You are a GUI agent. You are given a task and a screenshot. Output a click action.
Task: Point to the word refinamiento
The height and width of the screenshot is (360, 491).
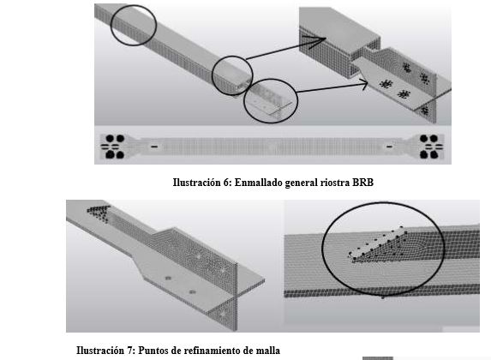[207, 350]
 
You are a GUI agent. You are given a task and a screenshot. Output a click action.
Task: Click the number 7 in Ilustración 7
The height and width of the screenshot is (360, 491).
[131, 350]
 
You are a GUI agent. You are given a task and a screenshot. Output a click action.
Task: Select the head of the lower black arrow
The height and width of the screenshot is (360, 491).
[371, 82]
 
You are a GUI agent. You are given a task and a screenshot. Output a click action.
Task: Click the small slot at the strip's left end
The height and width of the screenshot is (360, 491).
[154, 147]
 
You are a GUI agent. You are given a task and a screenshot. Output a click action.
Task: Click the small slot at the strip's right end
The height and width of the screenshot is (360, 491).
[391, 147]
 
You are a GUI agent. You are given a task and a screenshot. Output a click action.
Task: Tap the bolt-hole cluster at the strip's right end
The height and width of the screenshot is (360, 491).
[429, 146]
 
